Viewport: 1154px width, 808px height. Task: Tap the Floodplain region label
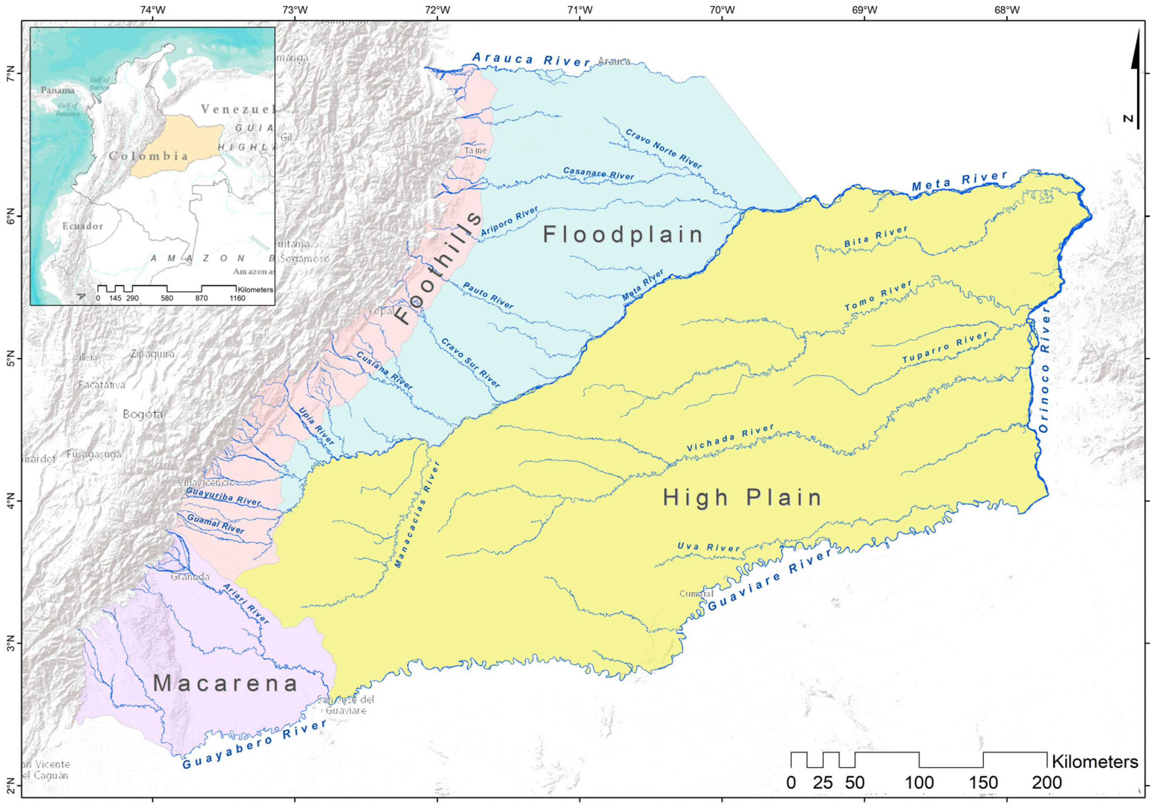(x=623, y=235)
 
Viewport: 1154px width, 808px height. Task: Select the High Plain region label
(x=742, y=497)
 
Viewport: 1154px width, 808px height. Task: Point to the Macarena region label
(x=226, y=683)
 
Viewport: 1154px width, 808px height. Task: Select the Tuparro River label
(x=945, y=347)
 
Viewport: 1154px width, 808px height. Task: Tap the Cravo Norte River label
(x=663, y=149)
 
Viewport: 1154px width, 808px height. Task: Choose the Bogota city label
(x=143, y=414)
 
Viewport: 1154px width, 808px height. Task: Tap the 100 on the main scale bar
(x=919, y=782)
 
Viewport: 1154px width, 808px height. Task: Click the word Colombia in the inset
(x=148, y=156)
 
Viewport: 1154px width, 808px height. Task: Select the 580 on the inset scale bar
(x=167, y=298)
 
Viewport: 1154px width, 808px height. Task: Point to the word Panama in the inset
(x=57, y=90)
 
